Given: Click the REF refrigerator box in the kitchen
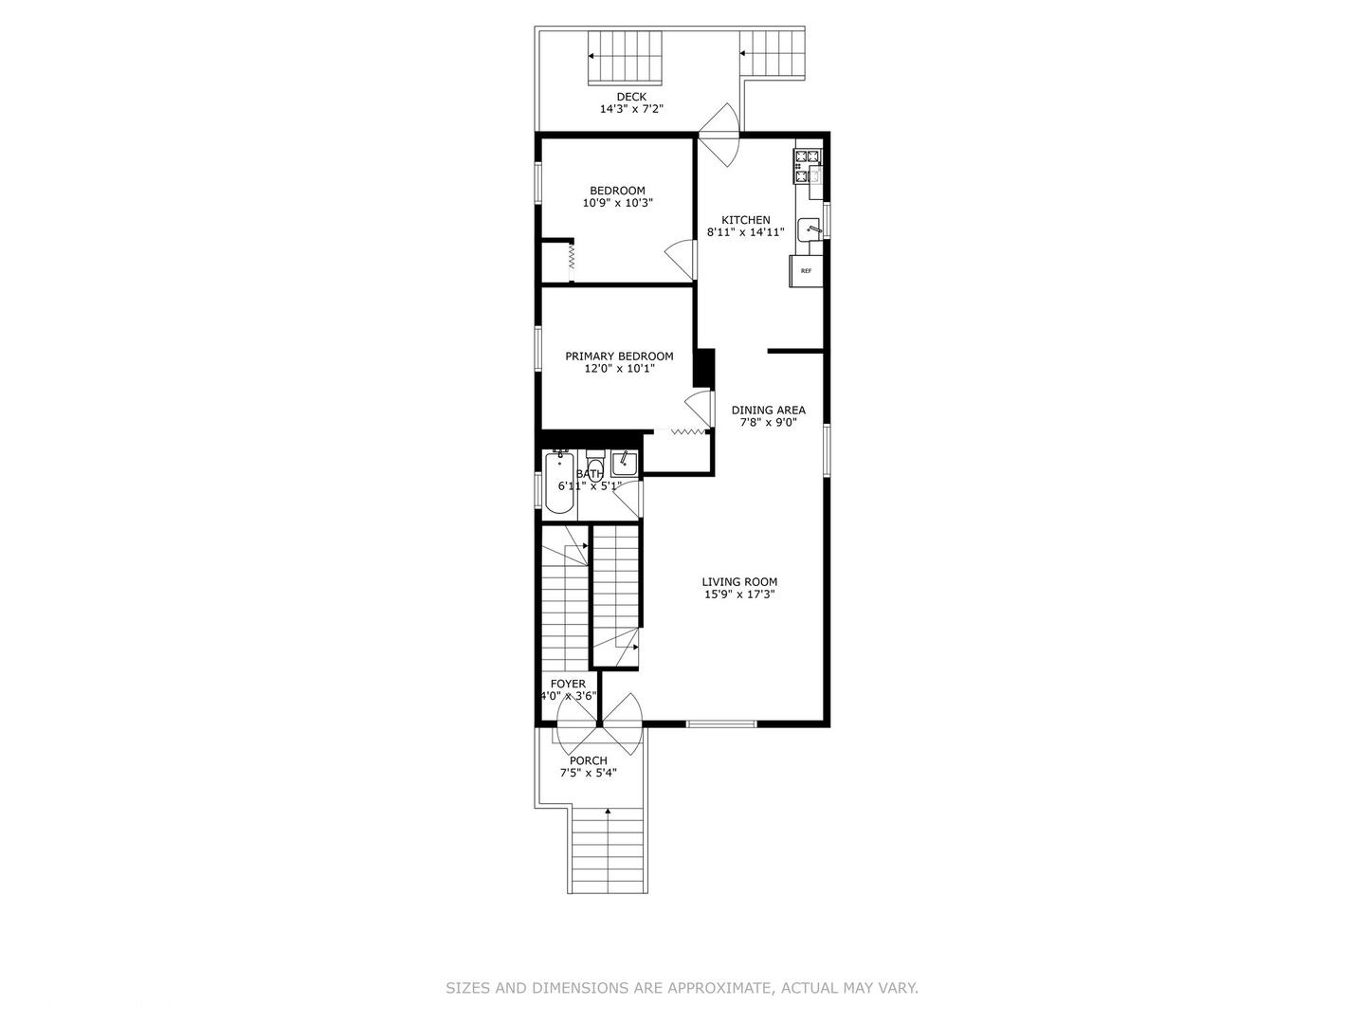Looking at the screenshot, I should coord(806,271).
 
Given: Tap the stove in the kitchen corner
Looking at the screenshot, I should coord(808,166).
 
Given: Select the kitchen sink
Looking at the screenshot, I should coord(809,229).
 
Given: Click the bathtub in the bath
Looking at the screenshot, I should coord(559,484).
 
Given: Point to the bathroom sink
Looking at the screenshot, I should coord(624,463).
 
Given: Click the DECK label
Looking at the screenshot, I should coord(631,97).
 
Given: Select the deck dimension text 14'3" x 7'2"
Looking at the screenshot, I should coord(631,109).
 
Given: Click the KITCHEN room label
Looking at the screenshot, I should coord(746,220).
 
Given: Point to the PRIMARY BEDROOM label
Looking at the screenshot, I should coord(619,357).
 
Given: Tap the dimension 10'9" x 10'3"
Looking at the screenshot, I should coord(617,203).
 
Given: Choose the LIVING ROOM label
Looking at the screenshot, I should coord(739,582).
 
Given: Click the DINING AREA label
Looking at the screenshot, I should coord(768,411).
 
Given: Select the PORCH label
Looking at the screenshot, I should coord(588,760).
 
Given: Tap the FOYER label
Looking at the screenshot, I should coord(568,684).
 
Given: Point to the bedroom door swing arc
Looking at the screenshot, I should coord(681,259).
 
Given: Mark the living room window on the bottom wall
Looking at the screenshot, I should coord(721,724).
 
